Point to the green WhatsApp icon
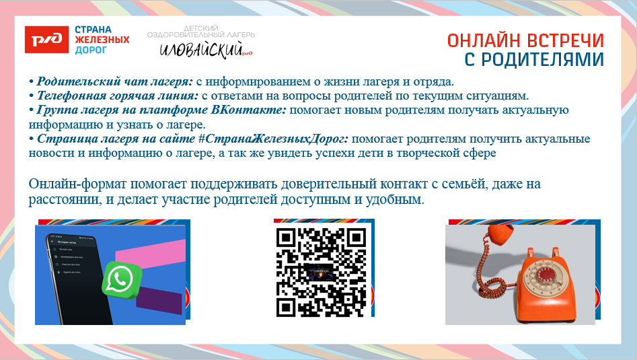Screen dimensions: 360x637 click(x=122, y=279)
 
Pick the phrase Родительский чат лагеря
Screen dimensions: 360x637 click(x=115, y=81)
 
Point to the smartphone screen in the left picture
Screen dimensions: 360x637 click(x=71, y=262)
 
